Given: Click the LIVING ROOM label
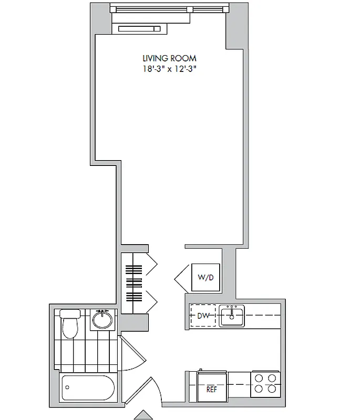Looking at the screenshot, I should click(170, 58).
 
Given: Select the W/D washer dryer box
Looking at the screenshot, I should click(205, 277).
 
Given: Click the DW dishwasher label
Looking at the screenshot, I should click(203, 316).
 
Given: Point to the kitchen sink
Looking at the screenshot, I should click(232, 316).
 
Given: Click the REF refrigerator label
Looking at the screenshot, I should click(211, 389).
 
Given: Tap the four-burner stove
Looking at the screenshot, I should click(265, 383).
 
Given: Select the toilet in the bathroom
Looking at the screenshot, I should click(70, 324).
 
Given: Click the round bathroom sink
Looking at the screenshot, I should click(102, 319).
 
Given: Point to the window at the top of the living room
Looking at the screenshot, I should click(170, 9).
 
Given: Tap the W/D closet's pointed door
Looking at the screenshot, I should click(181, 277).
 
